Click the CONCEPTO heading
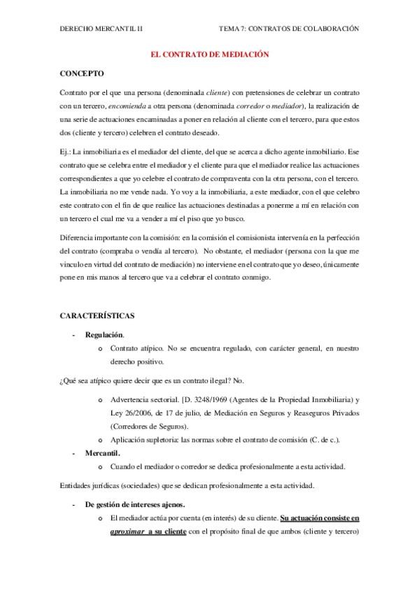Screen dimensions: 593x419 (x=82, y=73)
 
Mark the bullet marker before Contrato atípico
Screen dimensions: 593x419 (x=101, y=348)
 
